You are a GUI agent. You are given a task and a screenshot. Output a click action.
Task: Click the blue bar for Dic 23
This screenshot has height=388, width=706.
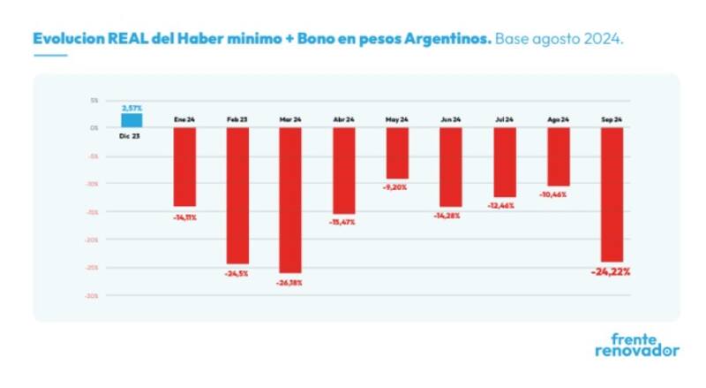131,120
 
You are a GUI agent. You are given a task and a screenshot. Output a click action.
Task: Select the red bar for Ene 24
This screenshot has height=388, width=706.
184,167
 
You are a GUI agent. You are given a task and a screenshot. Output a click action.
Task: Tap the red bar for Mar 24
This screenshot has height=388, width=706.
289,200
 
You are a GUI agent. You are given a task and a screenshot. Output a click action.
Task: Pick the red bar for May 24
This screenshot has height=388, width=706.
396,153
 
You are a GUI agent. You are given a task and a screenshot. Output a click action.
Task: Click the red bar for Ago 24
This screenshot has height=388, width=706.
558,156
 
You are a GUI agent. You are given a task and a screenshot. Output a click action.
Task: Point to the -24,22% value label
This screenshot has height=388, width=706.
610,272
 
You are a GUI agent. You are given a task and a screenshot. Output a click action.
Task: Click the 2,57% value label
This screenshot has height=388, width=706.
131,107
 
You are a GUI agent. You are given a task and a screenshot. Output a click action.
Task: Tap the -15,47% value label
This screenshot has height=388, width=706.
343,222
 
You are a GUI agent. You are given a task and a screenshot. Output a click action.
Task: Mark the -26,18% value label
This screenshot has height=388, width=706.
289,283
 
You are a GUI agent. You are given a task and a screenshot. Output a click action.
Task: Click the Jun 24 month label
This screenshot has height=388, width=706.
450,118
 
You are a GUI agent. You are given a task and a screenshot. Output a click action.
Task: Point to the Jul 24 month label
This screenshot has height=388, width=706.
504,118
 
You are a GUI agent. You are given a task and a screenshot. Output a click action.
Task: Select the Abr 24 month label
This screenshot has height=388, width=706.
343,118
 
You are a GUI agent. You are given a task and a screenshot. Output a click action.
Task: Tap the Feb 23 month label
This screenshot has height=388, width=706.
237,118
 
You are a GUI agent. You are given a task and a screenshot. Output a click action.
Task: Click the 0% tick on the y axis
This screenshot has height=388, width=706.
94,128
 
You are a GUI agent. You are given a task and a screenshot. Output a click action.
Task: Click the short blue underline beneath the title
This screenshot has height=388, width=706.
49,56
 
